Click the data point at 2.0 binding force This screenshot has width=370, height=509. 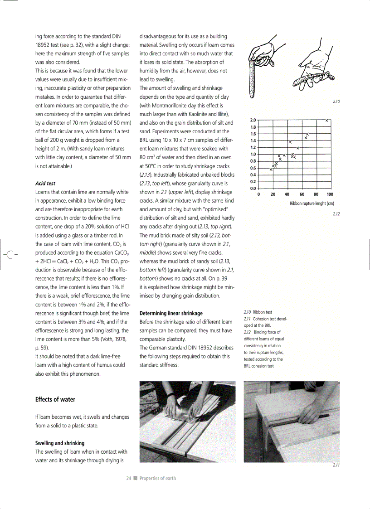(327, 120)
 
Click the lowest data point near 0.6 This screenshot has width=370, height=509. (271, 170)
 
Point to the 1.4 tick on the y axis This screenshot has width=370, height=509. (253, 141)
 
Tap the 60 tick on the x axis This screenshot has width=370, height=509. (302, 194)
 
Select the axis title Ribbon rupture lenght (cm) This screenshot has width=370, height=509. (312, 204)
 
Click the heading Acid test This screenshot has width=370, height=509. (45, 184)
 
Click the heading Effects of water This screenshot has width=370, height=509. (55, 399)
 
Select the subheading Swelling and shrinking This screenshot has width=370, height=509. (60, 443)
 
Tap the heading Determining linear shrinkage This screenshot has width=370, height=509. (171, 313)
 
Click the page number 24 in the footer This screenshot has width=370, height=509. (128, 478)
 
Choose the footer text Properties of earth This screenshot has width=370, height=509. (157, 478)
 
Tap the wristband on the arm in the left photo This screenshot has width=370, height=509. (170, 396)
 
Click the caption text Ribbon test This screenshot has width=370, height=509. (263, 312)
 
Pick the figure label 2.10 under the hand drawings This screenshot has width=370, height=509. (336, 102)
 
